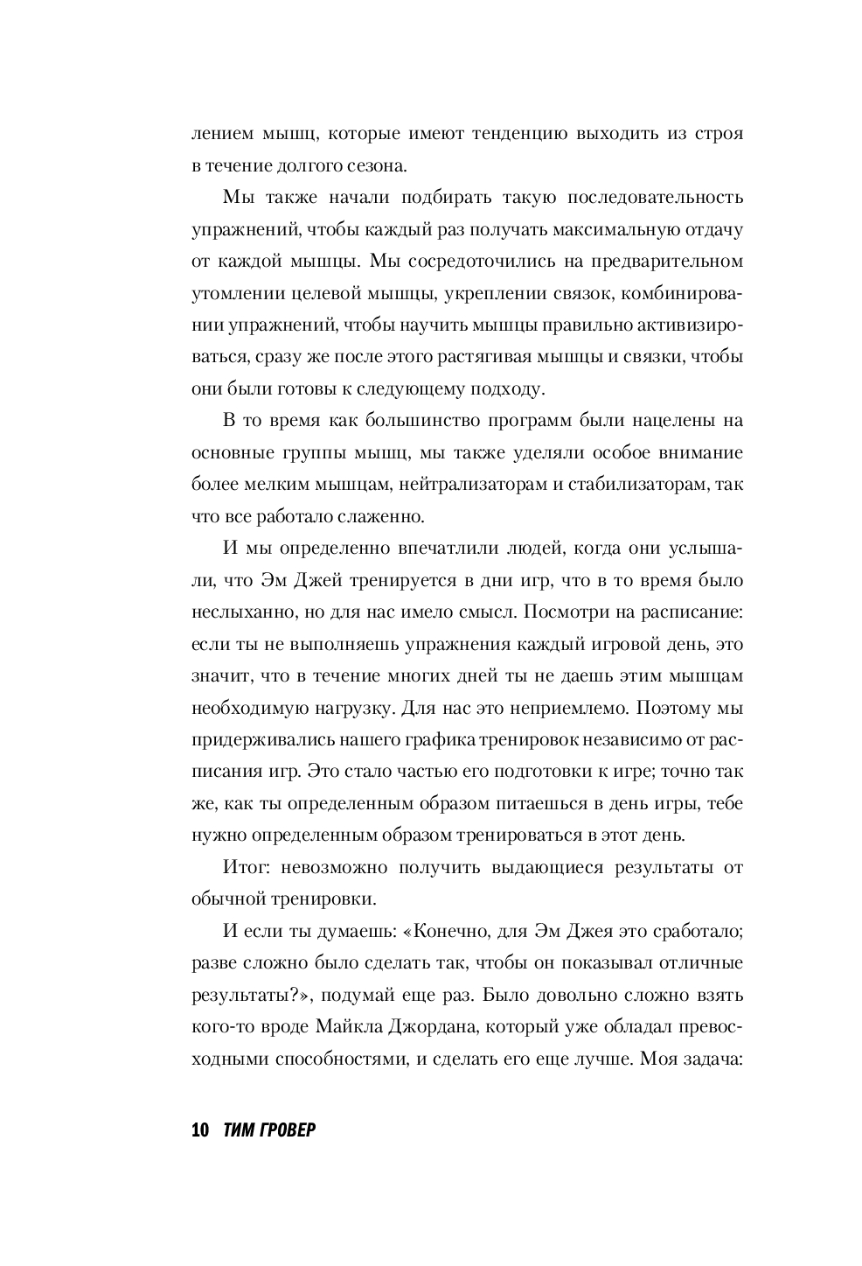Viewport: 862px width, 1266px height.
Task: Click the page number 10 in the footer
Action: pos(199,1130)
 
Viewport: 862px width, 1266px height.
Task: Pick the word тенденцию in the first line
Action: pos(495,134)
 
